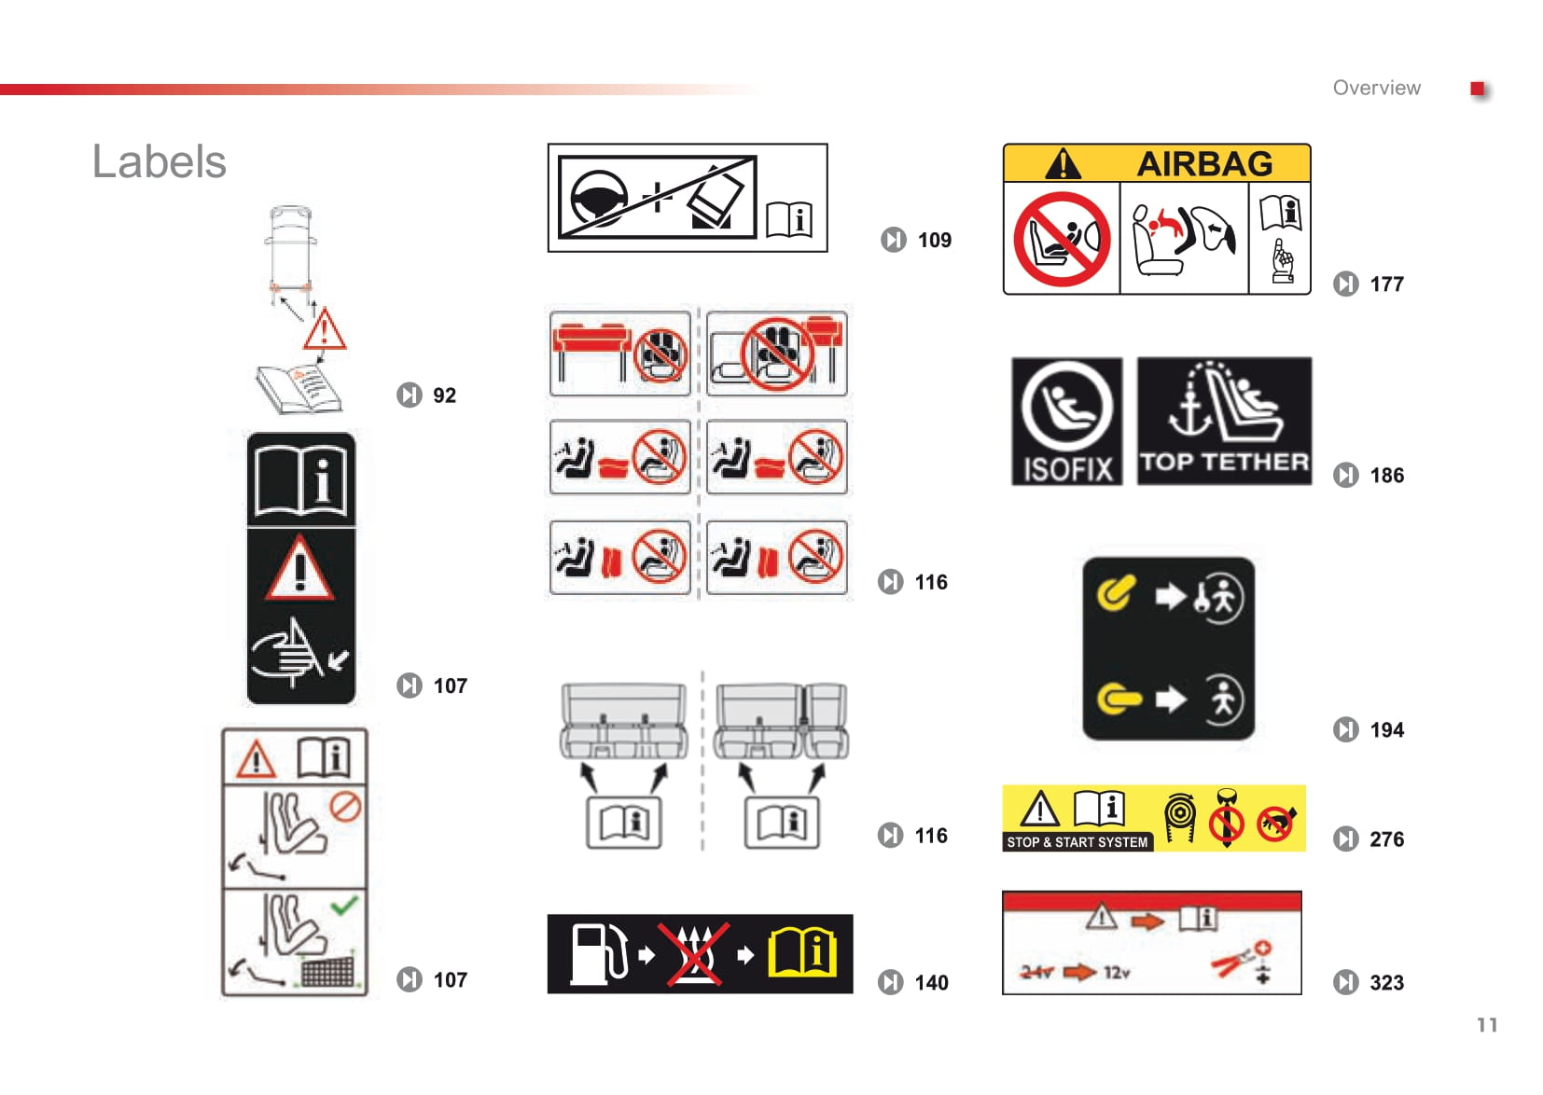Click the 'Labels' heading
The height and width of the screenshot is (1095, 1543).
coord(160,162)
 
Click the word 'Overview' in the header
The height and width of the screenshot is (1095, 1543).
coord(1376,88)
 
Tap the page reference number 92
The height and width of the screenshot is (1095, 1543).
coord(444,395)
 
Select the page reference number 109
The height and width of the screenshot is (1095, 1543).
coord(934,240)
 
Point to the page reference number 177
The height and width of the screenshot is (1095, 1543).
coord(1386,284)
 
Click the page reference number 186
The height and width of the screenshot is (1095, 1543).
coord(1386,475)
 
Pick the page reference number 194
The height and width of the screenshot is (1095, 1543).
coord(1386,729)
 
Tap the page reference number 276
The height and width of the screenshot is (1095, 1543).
coord(1386,839)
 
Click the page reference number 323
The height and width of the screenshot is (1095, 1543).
coord(1386,982)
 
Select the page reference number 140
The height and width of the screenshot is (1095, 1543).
coord(931,983)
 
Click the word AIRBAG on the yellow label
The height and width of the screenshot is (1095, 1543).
coord(1204,164)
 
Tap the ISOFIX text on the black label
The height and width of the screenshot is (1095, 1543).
coord(1067,470)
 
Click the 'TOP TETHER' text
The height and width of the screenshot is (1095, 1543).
coord(1224,462)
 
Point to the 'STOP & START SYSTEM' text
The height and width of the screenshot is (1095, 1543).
coord(1077,841)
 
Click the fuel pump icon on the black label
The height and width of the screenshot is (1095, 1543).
coord(599,954)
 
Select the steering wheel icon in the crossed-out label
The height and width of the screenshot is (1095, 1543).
coord(599,199)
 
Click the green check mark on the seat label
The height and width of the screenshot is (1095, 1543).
coord(343,905)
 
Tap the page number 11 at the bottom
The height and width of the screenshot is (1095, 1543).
coord(1487,1025)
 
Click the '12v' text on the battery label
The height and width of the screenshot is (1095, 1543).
coord(1117,972)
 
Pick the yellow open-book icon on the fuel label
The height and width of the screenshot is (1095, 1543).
coord(802,954)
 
